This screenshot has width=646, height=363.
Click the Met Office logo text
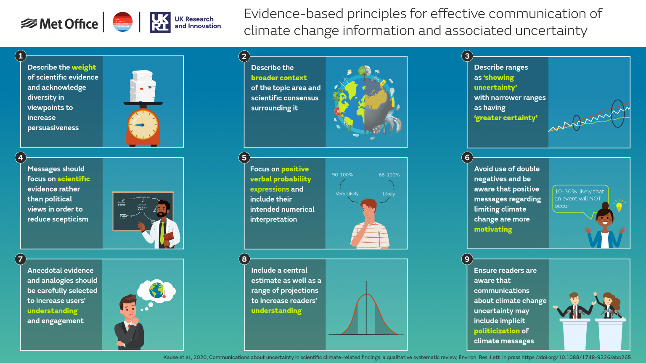tap(69, 24)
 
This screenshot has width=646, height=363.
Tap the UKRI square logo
tap(160, 22)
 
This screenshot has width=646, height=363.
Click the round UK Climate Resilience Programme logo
tap(123, 22)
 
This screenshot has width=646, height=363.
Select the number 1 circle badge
tap(20, 56)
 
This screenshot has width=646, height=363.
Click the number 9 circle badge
tap(467, 259)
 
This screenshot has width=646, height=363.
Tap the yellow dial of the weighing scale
tap(143, 125)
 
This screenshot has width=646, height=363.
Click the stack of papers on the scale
tap(143, 87)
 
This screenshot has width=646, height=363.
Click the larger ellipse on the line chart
tap(617, 113)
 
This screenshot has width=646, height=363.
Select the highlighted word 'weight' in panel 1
tap(84, 67)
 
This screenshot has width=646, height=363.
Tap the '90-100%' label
tap(342, 175)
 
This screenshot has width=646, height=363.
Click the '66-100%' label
tap(389, 175)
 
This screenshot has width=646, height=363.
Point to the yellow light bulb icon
tap(619, 206)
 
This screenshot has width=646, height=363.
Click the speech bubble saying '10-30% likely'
tap(580, 198)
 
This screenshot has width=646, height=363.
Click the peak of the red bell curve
tap(367, 295)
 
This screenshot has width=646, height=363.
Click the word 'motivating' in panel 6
tap(493, 229)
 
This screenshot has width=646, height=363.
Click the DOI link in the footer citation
tap(576, 358)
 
